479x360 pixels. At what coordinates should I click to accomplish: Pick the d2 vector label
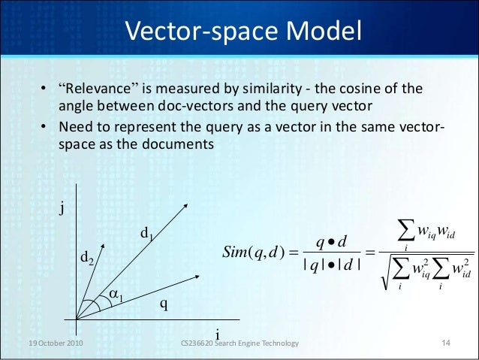(88, 260)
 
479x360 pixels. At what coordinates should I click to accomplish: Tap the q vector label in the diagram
(164, 304)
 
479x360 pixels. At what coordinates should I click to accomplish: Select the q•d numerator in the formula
(331, 241)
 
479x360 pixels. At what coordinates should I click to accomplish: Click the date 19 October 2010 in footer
(52, 343)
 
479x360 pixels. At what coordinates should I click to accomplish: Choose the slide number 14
(445, 343)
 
